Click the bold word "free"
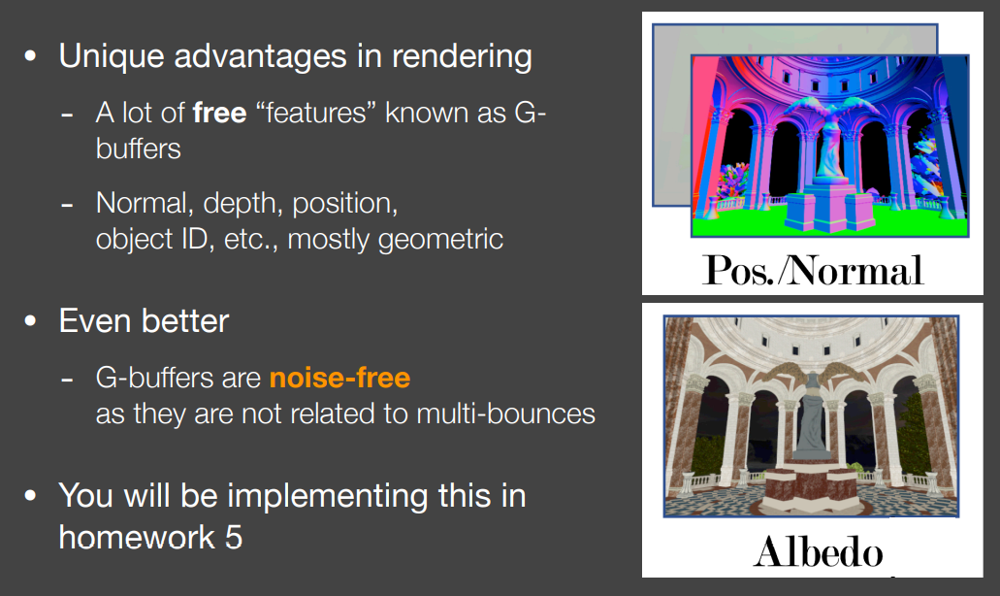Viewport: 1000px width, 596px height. point(219,113)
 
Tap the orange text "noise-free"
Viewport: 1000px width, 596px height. point(339,378)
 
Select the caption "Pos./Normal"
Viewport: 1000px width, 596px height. point(813,270)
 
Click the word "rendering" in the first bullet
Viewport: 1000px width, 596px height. point(462,57)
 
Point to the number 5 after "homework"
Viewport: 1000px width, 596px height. point(234,538)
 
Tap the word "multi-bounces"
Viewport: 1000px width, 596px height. point(505,414)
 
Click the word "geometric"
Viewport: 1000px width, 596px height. point(440,240)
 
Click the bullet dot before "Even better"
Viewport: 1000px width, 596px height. point(30,320)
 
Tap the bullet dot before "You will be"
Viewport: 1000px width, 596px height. point(30,495)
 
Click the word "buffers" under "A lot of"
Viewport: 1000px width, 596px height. point(139,149)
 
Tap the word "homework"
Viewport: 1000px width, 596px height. point(137,538)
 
